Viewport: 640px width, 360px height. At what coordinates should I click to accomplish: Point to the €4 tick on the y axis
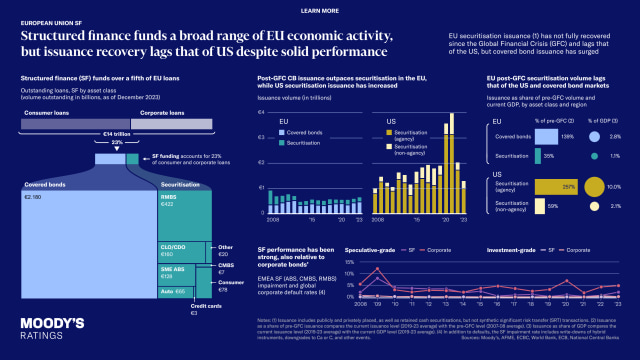point(261,110)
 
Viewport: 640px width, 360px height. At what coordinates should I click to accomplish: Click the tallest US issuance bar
point(451,150)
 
